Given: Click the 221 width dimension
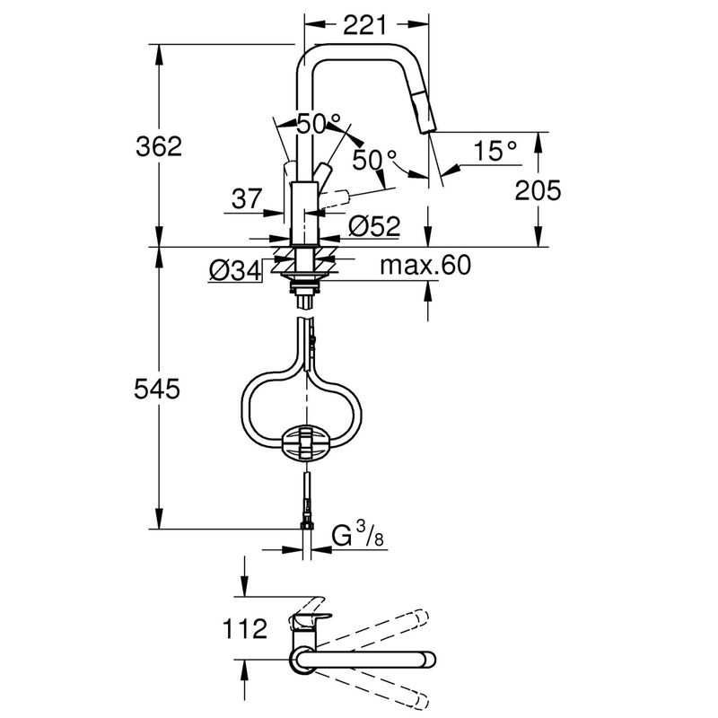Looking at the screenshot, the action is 364,25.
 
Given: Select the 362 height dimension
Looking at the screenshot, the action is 159,146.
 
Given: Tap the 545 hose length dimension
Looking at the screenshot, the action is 157,390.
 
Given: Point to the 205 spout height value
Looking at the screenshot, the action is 538,190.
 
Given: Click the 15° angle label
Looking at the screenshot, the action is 495,151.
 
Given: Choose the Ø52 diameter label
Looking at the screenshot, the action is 374,226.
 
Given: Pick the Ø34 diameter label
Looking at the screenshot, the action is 235,271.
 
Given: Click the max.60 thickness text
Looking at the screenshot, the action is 425,265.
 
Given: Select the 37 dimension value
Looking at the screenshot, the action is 247,198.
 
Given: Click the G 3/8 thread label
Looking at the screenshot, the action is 358,535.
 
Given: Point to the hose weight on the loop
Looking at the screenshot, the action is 305,442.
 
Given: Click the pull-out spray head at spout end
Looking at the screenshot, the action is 424,111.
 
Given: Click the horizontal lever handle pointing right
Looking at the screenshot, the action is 334,201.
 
